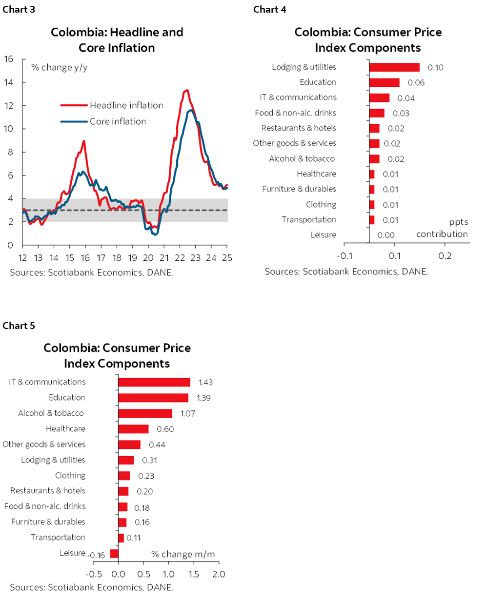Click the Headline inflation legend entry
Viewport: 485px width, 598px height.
point(126,105)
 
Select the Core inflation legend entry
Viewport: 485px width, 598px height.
point(118,121)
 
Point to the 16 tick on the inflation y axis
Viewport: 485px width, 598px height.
point(8,59)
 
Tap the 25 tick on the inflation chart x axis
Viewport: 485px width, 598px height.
point(227,257)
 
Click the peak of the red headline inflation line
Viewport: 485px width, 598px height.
point(186,90)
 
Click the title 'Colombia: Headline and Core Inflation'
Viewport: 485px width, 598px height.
point(117,40)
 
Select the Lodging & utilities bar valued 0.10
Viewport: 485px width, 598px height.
point(394,67)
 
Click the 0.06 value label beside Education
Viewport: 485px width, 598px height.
point(416,83)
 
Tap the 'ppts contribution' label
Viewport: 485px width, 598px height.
point(442,228)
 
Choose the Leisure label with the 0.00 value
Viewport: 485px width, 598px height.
point(323,235)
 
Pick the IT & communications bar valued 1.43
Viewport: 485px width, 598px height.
point(154,382)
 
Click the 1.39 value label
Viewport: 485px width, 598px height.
point(204,398)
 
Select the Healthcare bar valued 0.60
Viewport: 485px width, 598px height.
point(133,429)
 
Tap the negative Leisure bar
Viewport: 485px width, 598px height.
point(114,553)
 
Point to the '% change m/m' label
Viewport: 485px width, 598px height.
point(183,554)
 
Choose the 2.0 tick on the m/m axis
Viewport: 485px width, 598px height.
point(219,574)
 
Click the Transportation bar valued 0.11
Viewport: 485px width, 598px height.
point(121,538)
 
